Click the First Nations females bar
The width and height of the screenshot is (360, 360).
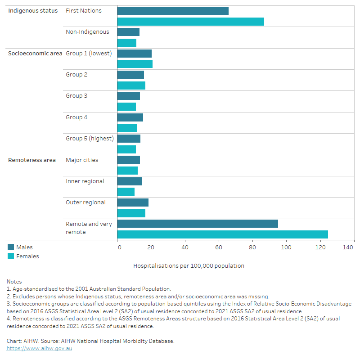point(190,22)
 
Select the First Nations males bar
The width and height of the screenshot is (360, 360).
point(173,11)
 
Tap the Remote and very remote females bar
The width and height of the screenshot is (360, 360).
point(222,234)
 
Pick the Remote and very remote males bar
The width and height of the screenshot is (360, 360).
point(198,224)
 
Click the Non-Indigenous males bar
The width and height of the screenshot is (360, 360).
point(128,32)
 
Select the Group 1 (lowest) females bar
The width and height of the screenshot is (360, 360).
point(135,64)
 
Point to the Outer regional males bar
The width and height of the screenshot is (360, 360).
point(133,202)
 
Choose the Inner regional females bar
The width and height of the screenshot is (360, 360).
point(126,192)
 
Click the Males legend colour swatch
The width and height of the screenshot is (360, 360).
point(11,247)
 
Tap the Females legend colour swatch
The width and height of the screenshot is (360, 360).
point(11,256)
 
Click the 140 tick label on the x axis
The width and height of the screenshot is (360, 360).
point(348,247)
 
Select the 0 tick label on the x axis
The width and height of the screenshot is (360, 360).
point(119,247)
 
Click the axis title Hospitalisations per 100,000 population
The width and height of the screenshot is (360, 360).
point(189,266)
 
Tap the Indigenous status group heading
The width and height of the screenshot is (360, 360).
point(33,11)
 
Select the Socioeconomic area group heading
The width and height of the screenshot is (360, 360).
point(35,54)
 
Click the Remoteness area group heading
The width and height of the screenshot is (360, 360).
point(32,160)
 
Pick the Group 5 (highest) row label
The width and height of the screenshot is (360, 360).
point(90,139)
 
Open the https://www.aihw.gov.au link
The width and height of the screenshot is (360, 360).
point(39,348)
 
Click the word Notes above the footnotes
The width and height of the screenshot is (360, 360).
point(14,282)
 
